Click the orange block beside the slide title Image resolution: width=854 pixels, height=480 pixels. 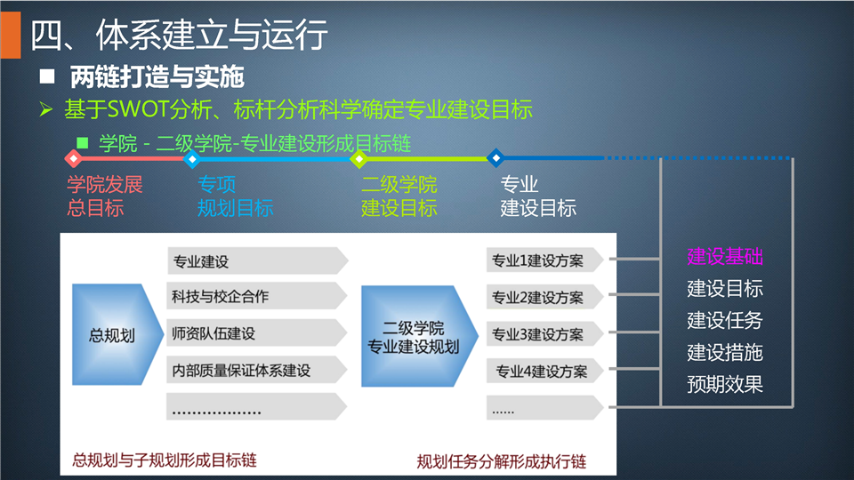(11, 35)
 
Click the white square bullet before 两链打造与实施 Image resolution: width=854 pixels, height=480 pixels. (47, 76)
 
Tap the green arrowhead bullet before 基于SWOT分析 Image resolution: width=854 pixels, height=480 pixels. (46, 110)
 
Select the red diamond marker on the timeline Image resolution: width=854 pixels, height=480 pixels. (74, 158)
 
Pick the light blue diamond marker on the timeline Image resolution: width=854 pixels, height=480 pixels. (192, 159)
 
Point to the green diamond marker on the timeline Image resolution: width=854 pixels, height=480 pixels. (359, 159)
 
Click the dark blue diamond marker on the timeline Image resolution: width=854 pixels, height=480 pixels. (495, 158)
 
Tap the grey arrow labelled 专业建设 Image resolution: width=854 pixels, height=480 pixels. (257, 260)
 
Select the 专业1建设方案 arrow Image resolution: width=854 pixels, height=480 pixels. (544, 260)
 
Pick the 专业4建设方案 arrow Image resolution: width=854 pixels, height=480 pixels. (544, 372)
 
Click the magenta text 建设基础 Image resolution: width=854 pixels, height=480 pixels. (725, 256)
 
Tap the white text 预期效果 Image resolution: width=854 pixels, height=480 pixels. (725, 384)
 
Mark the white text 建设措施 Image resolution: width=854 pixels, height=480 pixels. (725, 353)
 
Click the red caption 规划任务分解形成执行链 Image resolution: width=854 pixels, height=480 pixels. (502, 461)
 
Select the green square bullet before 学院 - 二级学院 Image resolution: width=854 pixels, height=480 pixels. (82, 143)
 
